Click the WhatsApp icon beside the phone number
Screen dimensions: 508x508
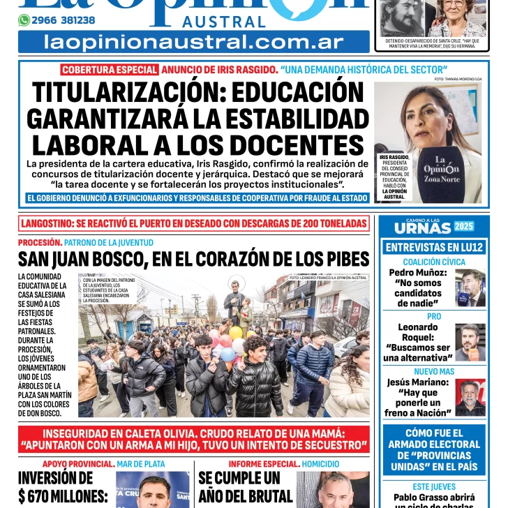(24, 20)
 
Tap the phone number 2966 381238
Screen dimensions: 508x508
(63, 20)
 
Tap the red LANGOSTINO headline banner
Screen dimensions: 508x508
(194, 224)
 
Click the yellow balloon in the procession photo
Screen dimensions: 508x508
(236, 333)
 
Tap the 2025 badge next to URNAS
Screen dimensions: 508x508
(464, 226)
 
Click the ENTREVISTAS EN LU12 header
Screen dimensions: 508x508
(434, 247)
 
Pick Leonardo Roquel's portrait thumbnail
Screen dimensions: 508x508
(470, 342)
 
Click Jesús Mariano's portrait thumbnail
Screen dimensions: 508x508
(470, 397)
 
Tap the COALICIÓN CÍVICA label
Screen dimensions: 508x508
(434, 262)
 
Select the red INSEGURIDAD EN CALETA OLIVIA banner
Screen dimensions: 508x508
(194, 439)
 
